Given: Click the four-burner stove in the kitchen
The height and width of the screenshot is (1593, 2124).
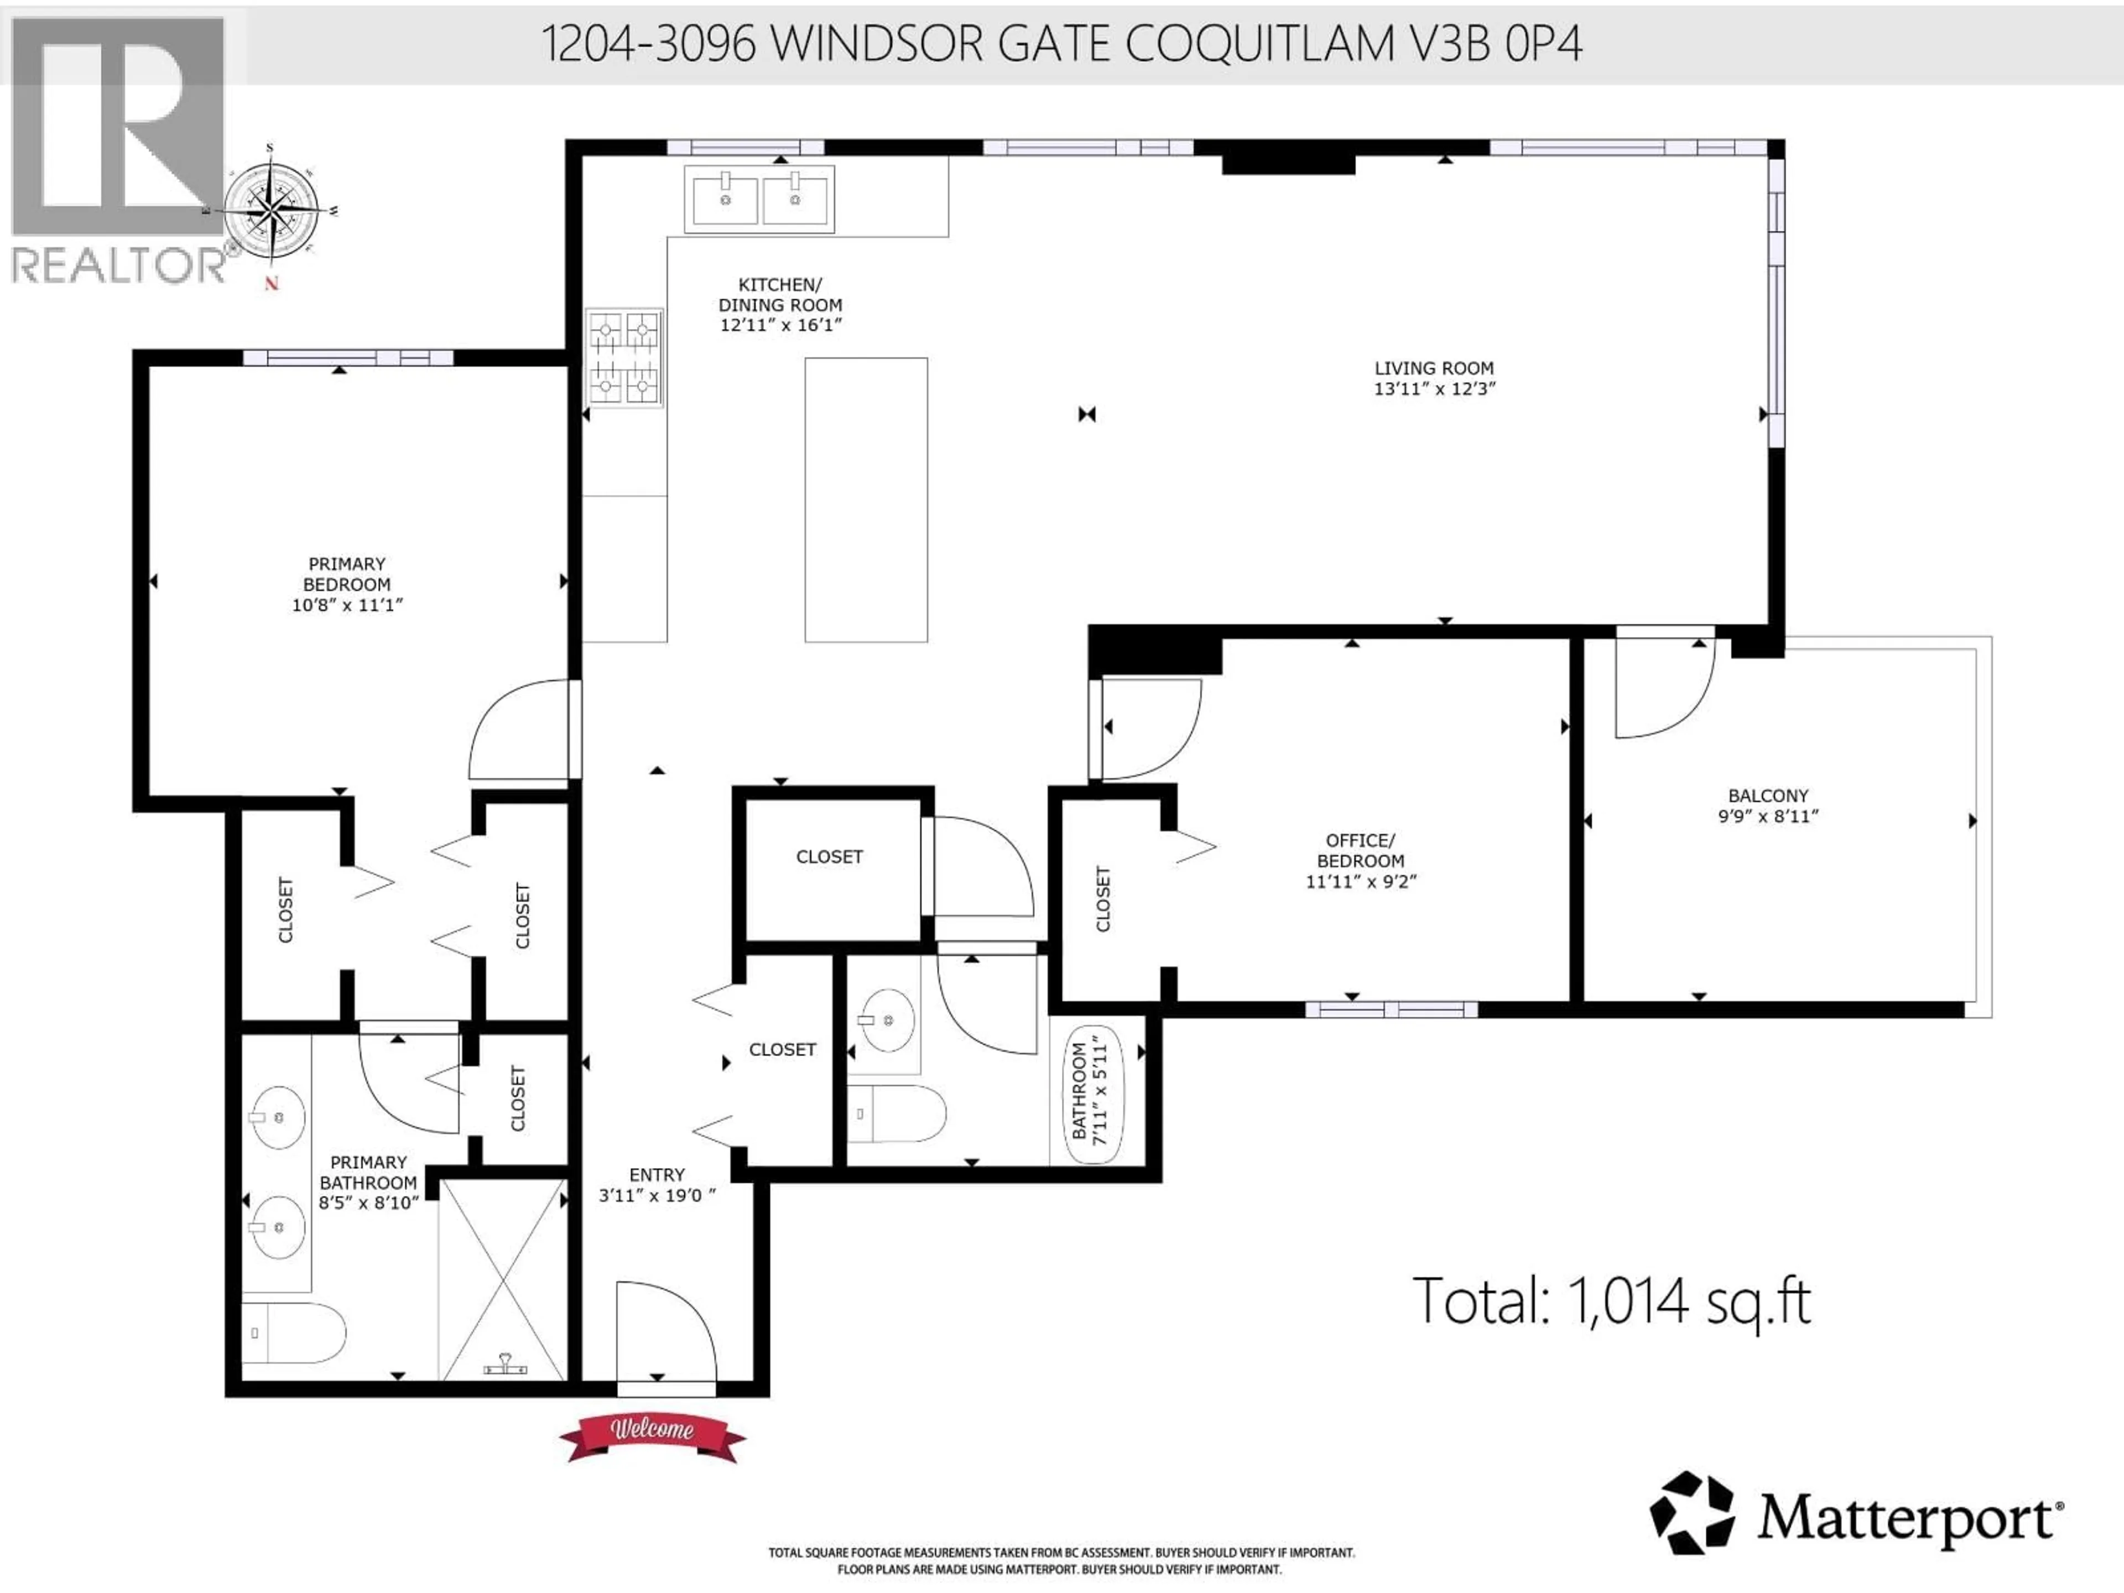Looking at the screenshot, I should pyautogui.click(x=624, y=357).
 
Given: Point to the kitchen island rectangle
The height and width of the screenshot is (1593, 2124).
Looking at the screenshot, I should pyautogui.click(x=865, y=499).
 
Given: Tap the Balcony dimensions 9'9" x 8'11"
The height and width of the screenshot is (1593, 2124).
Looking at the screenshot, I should pyautogui.click(x=1768, y=817).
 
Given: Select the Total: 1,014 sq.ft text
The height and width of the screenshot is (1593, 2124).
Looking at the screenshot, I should pyautogui.click(x=1611, y=1301).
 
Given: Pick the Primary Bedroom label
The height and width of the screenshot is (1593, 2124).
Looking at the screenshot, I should pyautogui.click(x=347, y=574).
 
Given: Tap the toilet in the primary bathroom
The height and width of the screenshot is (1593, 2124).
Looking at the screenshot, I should pyautogui.click(x=293, y=1333).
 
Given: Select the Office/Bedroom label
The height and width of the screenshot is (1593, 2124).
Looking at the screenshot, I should pyautogui.click(x=1360, y=851).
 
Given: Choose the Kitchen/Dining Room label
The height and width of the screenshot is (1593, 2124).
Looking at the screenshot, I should pyautogui.click(x=780, y=295).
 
